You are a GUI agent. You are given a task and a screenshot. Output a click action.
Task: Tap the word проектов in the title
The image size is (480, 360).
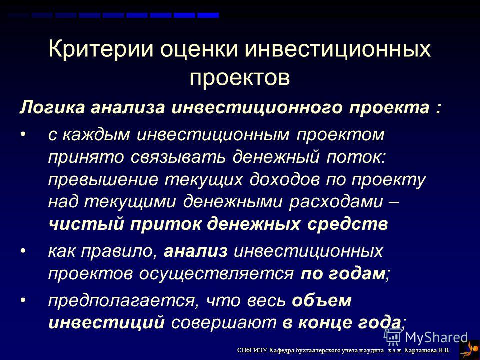(x=239, y=78)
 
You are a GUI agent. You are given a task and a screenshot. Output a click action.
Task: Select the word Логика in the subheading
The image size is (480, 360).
(x=52, y=108)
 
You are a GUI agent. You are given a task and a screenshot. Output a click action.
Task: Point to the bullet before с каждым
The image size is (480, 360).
(x=23, y=134)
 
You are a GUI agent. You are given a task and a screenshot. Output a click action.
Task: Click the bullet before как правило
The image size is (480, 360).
(x=23, y=250)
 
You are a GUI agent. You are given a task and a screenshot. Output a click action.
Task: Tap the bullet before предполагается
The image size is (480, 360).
(x=23, y=300)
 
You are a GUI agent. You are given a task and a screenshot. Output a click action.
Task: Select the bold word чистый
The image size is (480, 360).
(x=86, y=224)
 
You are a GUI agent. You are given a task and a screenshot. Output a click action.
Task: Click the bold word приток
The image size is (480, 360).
(x=165, y=224)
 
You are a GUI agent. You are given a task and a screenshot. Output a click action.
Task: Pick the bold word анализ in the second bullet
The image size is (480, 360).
(x=196, y=251)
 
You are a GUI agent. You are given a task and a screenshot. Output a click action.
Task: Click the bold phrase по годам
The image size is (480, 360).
(x=343, y=273)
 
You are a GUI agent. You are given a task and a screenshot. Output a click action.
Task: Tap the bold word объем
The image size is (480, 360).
(x=321, y=300)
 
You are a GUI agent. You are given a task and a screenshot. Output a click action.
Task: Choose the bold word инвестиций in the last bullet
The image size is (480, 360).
(x=107, y=323)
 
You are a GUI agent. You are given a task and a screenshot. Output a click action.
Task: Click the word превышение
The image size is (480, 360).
(x=103, y=180)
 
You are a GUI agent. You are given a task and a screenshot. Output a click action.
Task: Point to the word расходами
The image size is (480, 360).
(x=336, y=202)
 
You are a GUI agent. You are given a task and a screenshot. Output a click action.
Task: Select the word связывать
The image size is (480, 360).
(x=178, y=157)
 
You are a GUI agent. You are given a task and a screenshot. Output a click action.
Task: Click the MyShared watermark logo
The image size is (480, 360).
(x=426, y=337)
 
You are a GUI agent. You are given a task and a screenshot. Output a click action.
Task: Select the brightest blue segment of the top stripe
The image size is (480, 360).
(x=208, y=15)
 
